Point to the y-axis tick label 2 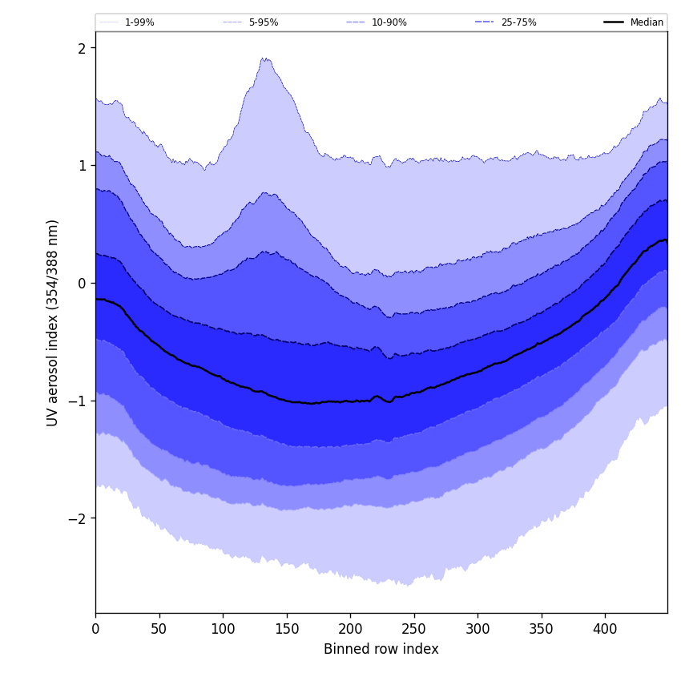coord(81,48)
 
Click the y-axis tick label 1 coord(81,166)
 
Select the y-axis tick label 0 coord(81,283)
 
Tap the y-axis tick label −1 coord(77,401)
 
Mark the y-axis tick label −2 coord(77,518)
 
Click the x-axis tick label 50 coord(159,628)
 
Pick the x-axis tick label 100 coord(223,628)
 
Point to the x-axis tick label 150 coord(286,628)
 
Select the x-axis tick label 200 coord(350,628)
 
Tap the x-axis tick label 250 coord(413,628)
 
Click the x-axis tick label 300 coord(478,628)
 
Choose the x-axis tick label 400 coord(605,628)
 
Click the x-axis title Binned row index coord(381,649)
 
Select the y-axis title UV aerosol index coord(53,322)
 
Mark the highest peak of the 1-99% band coord(264,58)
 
